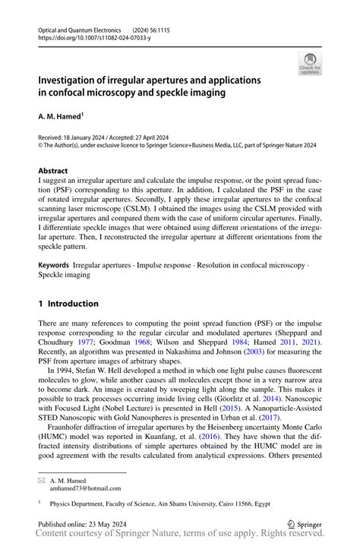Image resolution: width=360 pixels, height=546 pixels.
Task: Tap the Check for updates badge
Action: pos(310,64)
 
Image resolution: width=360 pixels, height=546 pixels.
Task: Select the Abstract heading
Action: pos(52,171)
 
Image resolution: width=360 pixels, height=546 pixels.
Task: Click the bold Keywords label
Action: pos(54,267)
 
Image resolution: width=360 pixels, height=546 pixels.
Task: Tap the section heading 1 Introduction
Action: pos(68,304)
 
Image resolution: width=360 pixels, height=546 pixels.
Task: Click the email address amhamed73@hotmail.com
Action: pos(84,490)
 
